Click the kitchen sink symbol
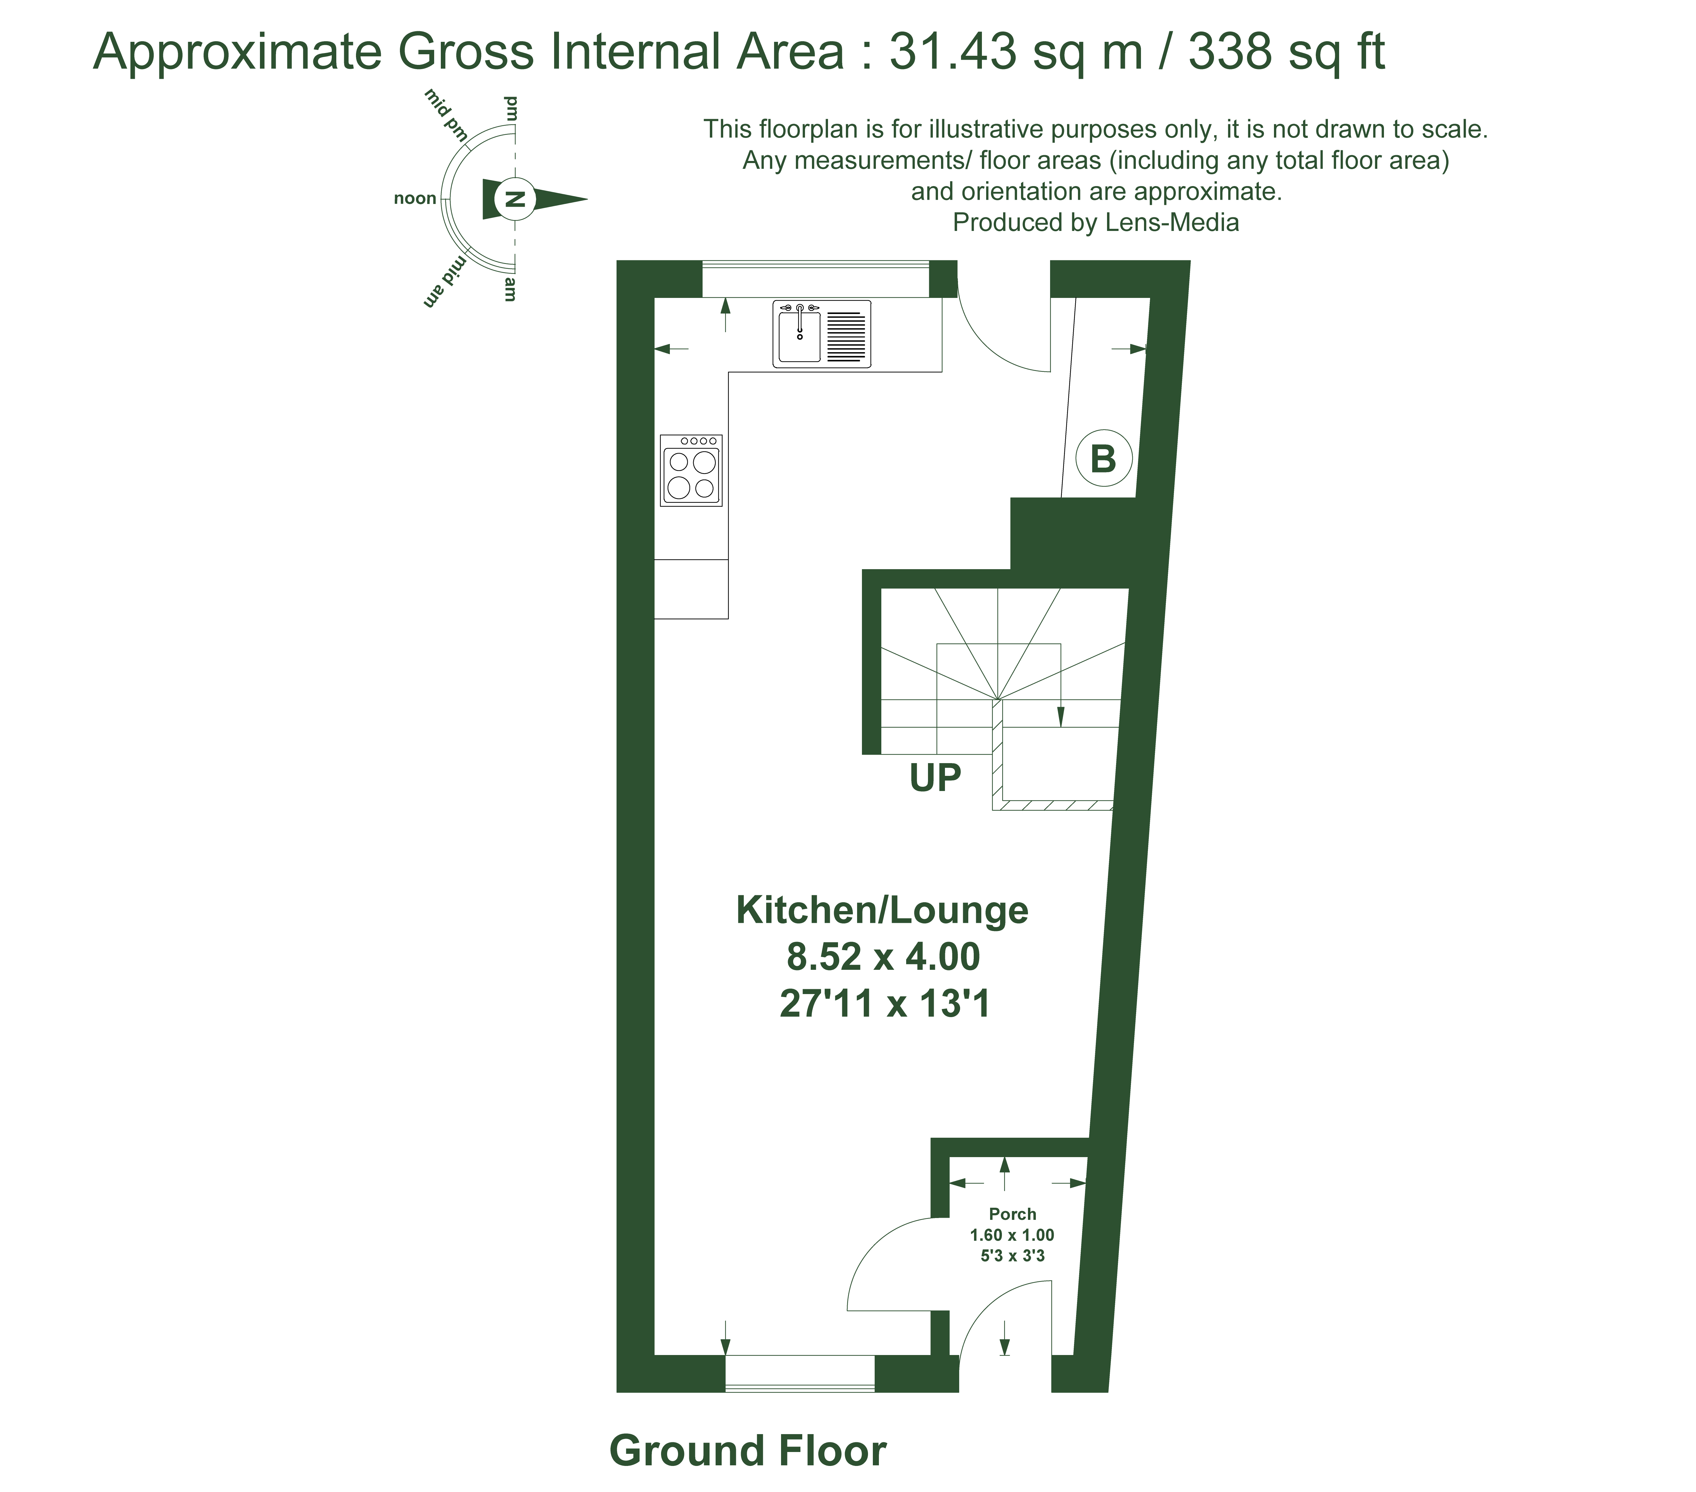point(822,334)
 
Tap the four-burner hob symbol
point(691,470)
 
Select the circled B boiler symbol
point(1104,459)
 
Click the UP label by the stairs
point(935,778)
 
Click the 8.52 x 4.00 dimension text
point(883,957)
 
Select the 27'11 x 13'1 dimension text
point(885,1004)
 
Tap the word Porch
point(1012,1214)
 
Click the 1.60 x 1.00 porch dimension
point(1012,1235)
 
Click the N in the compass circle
point(515,199)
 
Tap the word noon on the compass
point(415,198)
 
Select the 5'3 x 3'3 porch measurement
point(1012,1256)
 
